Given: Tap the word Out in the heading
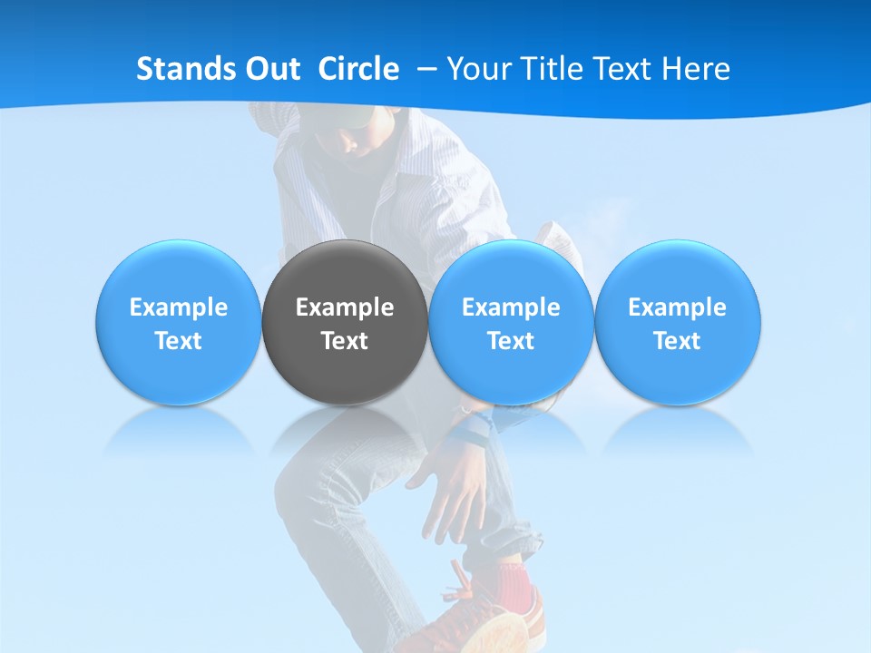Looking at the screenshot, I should coord(270,69).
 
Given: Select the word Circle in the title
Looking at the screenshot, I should coord(358,69).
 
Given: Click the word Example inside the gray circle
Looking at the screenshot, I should coord(345,307).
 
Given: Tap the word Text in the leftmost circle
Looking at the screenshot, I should coord(179,341).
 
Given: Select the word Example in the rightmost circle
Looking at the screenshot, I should coord(678,307).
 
